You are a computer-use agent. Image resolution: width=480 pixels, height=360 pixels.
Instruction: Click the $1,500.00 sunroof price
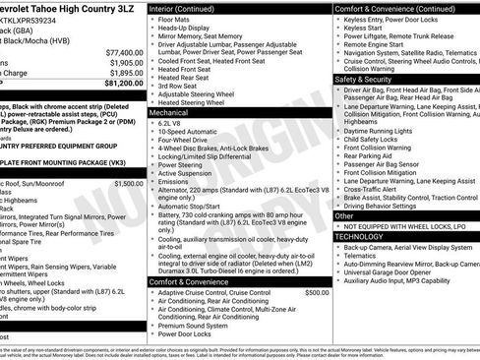point(128,184)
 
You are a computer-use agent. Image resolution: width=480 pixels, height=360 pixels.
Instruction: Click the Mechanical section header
point(172,114)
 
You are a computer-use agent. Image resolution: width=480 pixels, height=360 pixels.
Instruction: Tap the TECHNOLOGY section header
point(360,236)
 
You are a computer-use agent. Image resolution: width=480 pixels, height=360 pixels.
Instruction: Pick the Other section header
point(345,215)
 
